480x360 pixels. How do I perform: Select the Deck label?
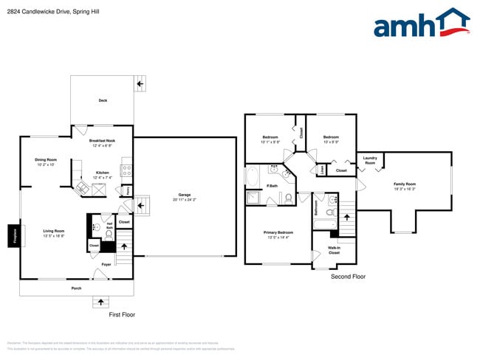pyautogui.click(x=103, y=100)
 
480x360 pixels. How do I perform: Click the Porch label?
pyautogui.click(x=76, y=288)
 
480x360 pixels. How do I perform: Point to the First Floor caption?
pyautogui.click(x=122, y=314)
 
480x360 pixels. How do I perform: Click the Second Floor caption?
pyautogui.click(x=348, y=277)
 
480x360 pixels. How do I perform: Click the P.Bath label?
pyautogui.click(x=272, y=185)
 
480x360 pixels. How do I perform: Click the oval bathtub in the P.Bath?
pyautogui.click(x=253, y=177)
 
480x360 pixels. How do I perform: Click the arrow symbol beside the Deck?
pyautogui.click(x=140, y=85)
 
